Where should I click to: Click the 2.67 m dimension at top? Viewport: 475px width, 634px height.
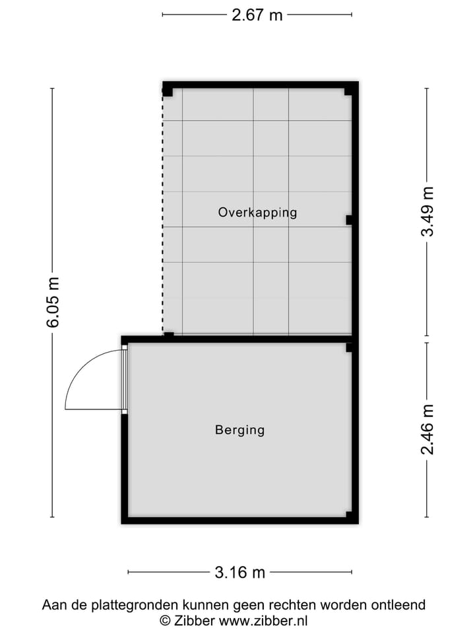257,15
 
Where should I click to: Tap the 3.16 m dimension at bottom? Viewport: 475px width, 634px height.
239,572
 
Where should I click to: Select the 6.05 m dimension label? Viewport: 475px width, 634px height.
53,302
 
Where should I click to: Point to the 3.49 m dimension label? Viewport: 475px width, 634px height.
427,211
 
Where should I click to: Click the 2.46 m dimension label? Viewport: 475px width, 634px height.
427,429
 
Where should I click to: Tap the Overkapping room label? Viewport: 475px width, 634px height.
257,212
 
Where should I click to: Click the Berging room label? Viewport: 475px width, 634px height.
239,430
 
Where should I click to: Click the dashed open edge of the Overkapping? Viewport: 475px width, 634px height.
163,211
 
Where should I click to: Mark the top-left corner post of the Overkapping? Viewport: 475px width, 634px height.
168,91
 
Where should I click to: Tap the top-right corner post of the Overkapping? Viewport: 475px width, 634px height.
349,91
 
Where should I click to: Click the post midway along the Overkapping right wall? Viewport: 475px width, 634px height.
349,220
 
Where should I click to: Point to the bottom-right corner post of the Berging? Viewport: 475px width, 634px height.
349,514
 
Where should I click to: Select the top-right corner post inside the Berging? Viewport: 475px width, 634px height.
349,347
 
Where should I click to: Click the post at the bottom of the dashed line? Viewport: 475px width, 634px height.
169,335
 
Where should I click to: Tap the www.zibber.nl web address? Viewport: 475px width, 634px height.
264,621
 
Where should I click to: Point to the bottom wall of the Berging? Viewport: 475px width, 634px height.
239,520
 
